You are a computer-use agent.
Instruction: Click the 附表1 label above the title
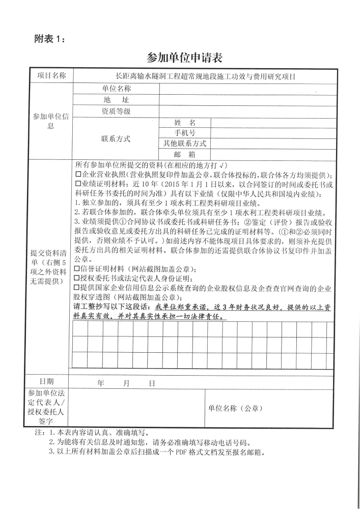tap(49, 38)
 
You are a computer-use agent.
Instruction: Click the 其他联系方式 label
tap(185, 144)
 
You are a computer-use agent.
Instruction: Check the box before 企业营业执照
tap(78, 175)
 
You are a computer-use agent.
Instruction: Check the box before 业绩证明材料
tap(78, 184)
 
